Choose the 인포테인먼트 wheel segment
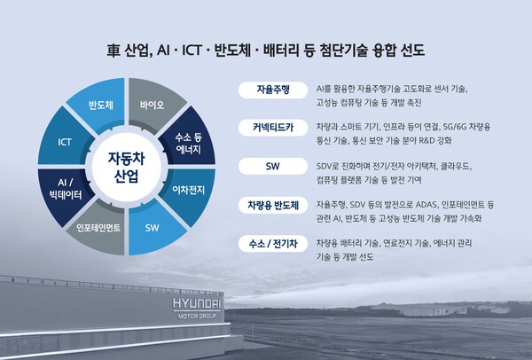(x=98, y=226)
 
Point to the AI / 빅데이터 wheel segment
(x=62, y=188)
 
